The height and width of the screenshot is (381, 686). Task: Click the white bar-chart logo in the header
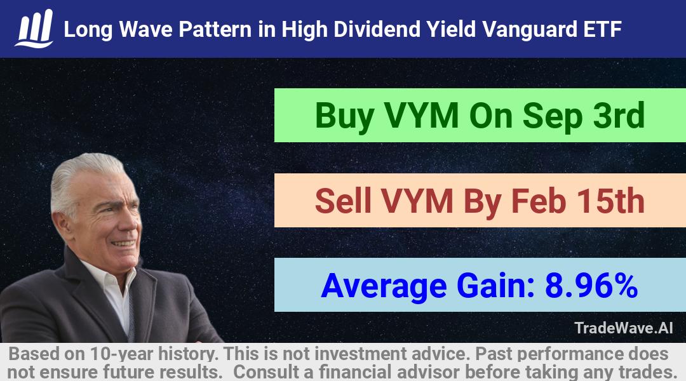click(x=34, y=29)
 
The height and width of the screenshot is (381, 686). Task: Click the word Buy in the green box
click(x=344, y=116)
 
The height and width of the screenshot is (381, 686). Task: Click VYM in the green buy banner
click(x=421, y=116)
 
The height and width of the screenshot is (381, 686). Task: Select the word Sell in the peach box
click(x=343, y=201)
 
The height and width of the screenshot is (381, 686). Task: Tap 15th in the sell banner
click(x=610, y=200)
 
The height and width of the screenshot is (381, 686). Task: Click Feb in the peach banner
click(x=538, y=200)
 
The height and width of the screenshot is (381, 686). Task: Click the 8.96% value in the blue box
click(x=591, y=286)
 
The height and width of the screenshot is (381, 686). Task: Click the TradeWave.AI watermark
click(x=624, y=328)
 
